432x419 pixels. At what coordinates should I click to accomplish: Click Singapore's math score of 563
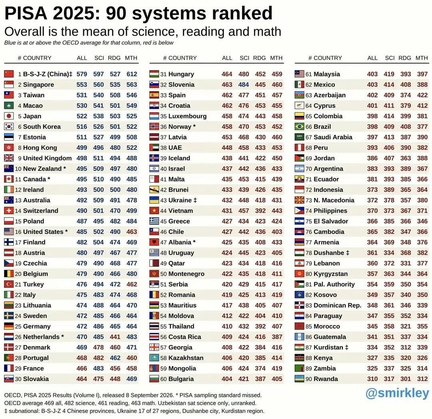point(132,84)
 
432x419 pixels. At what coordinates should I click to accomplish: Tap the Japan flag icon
point(9,116)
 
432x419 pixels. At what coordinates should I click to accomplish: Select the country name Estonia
point(34,137)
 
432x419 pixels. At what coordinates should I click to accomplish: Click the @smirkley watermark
point(397,393)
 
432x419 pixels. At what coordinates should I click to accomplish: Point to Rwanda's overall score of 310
point(372,379)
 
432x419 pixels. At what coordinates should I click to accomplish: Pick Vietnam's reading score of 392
point(260,211)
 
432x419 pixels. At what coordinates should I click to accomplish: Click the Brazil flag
point(300,126)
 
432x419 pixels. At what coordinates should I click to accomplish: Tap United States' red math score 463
point(132,232)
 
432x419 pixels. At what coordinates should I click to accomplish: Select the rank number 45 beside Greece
point(163,221)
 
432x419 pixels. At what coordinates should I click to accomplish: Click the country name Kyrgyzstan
point(331,274)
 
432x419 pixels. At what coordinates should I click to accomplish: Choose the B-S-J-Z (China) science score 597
point(98,74)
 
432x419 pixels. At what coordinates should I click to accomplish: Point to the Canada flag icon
point(9,179)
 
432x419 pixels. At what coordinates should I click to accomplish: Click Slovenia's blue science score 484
point(244,84)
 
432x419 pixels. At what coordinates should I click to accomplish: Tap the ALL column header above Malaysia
point(372,58)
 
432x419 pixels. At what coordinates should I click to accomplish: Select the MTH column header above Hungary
point(276,58)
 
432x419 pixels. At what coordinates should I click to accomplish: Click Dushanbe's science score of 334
point(389,253)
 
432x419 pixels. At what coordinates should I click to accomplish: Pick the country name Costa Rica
point(184,337)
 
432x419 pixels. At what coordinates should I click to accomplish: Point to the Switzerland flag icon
point(9,211)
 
